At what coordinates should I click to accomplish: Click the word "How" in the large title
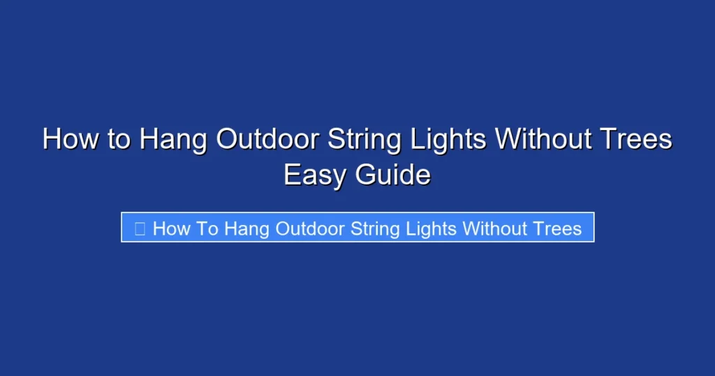(x=68, y=139)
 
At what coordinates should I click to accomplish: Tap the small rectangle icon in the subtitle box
(x=140, y=229)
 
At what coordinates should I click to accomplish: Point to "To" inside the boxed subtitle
(x=207, y=229)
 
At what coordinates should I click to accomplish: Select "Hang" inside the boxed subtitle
(x=246, y=229)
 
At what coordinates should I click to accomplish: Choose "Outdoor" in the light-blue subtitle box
(x=311, y=229)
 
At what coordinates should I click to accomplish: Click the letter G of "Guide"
(x=367, y=175)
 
